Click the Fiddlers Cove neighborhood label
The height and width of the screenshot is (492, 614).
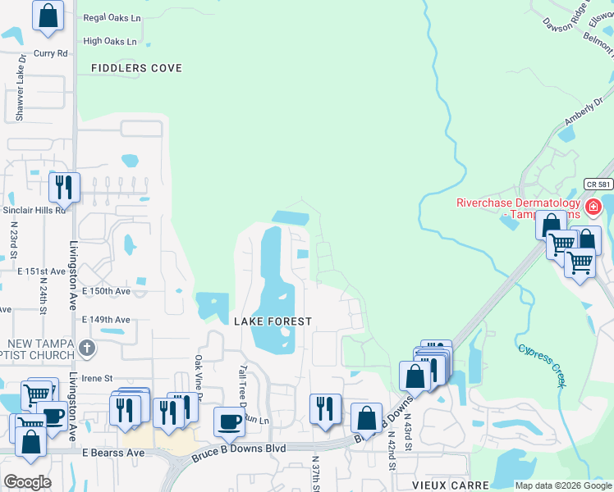[136, 68]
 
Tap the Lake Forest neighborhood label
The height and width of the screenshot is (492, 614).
[273, 321]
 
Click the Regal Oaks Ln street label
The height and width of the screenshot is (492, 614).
[112, 17]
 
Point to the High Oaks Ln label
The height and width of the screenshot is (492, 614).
[111, 41]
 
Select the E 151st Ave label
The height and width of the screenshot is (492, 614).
[41, 271]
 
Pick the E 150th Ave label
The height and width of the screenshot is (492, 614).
[106, 291]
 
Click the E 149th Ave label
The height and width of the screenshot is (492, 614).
[106, 320]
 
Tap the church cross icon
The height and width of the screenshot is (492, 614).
[87, 348]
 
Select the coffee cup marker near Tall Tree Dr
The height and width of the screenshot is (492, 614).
[229, 421]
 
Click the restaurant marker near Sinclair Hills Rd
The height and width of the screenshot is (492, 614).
[63, 187]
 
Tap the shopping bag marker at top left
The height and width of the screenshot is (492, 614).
[48, 15]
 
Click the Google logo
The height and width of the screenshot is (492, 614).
[27, 481]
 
